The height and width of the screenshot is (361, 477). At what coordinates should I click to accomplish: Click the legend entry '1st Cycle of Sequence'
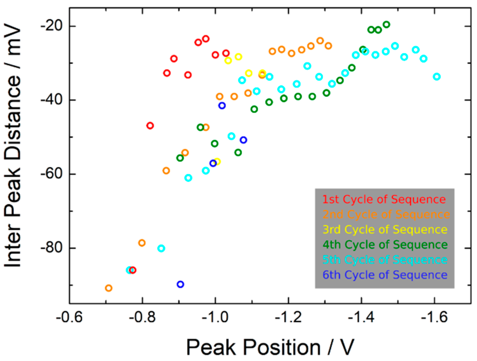(384, 199)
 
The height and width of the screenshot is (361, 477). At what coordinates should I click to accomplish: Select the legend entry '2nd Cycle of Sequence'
(386, 214)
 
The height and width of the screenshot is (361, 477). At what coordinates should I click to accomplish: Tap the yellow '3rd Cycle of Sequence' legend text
(385, 229)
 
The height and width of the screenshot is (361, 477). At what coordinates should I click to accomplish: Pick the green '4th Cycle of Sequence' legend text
(385, 245)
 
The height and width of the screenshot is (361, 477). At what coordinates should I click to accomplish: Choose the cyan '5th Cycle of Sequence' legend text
(385, 260)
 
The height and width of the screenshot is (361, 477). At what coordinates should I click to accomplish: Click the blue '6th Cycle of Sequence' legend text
(385, 275)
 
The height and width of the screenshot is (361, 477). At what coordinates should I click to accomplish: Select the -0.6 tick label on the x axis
(69, 317)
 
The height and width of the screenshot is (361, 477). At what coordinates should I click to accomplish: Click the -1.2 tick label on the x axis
(288, 317)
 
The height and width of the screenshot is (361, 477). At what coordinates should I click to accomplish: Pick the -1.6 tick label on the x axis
(434, 317)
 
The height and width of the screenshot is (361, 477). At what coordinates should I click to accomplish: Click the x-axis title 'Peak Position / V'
(270, 347)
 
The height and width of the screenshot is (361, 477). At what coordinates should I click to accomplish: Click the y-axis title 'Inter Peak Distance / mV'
(13, 146)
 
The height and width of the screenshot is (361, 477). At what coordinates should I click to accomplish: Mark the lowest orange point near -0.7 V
(109, 288)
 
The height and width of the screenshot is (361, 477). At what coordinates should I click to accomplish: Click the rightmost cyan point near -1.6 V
(437, 77)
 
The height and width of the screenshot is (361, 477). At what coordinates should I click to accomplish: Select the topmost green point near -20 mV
(386, 25)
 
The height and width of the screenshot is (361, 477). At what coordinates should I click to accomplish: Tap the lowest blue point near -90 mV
(181, 284)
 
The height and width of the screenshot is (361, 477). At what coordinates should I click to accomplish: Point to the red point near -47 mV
(150, 125)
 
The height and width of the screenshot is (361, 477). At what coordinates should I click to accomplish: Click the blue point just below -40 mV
(222, 105)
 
